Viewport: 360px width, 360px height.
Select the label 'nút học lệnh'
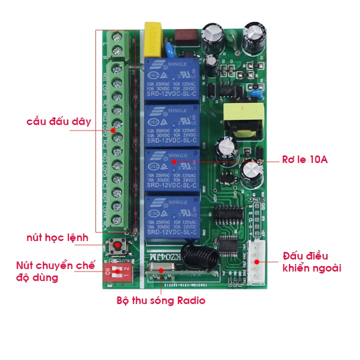coord(57,237)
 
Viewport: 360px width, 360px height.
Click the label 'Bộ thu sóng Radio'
coord(160,300)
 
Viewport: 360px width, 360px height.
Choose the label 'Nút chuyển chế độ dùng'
coord(47,271)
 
